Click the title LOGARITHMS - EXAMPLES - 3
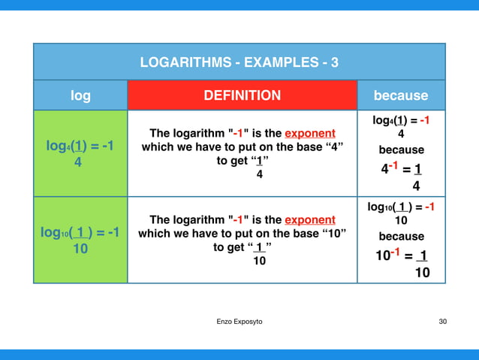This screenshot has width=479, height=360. coord(239,62)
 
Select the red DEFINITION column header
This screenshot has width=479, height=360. coord(242,95)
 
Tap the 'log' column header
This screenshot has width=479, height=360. coord(80,95)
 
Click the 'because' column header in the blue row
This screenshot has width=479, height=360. coord(401,95)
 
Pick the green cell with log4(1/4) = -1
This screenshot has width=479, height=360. coord(80,153)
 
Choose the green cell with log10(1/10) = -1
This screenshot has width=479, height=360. coord(80,240)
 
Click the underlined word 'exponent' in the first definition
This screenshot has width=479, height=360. coord(309,133)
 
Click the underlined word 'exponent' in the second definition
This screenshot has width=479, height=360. coord(309,219)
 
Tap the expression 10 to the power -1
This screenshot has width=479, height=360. coord(387,256)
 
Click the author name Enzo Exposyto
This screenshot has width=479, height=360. coord(239,322)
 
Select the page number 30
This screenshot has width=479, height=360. coord(442,322)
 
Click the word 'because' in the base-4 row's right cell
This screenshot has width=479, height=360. coord(401,150)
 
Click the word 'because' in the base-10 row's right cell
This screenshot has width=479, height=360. coord(401,236)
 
